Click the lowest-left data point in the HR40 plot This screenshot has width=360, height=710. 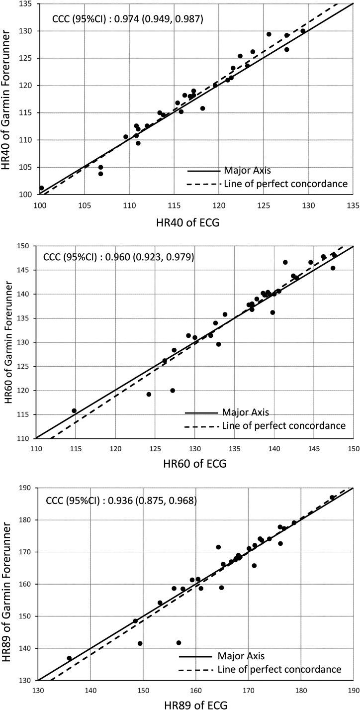click(41, 188)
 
